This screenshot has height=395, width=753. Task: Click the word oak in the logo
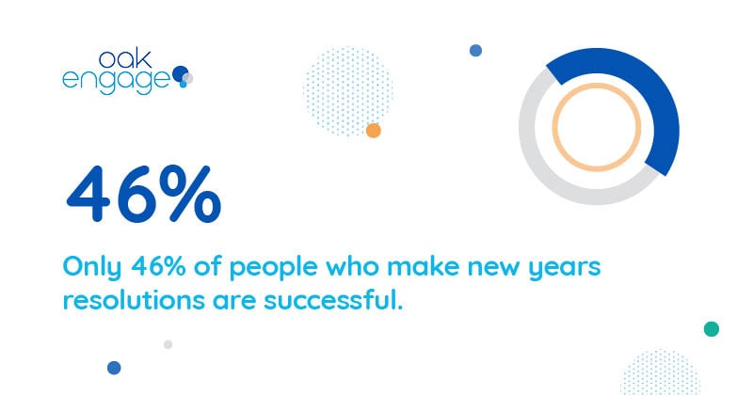click(125, 59)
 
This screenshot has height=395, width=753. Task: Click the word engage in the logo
click(116, 82)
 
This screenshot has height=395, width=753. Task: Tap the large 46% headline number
click(144, 194)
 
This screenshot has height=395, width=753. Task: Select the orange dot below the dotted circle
click(373, 130)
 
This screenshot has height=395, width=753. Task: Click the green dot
click(712, 329)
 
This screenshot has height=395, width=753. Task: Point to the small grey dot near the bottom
click(168, 344)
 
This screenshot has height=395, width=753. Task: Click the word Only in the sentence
click(91, 266)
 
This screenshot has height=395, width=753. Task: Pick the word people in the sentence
click(273, 268)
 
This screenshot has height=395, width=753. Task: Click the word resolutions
click(134, 300)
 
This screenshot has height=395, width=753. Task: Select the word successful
click(333, 300)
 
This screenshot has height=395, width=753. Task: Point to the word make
click(425, 266)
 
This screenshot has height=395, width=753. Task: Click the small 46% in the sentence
click(158, 266)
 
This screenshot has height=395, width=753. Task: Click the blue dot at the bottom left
click(114, 368)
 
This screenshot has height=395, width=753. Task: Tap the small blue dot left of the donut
click(475, 51)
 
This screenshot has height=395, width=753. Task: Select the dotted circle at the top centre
click(347, 90)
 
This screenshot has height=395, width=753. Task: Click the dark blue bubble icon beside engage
click(180, 73)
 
